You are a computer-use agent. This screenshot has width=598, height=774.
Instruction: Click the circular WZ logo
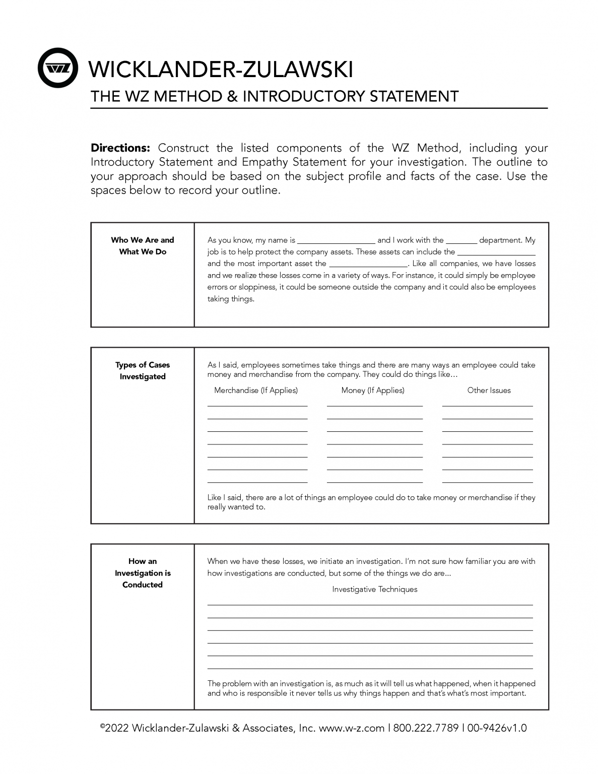click(x=58, y=68)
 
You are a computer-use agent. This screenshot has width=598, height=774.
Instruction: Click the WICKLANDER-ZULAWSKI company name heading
click(x=221, y=69)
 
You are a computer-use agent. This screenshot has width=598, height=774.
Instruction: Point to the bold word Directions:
click(x=120, y=148)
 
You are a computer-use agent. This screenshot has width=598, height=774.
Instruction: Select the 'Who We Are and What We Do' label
click(x=143, y=246)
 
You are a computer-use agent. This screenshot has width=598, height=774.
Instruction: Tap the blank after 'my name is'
click(x=336, y=241)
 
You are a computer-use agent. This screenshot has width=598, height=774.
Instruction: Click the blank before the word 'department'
click(x=461, y=241)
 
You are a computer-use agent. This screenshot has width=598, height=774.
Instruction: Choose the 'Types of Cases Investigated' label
click(x=143, y=371)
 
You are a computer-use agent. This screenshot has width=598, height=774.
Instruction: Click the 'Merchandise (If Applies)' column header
click(x=256, y=391)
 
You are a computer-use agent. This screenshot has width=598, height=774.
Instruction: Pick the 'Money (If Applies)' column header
click(x=373, y=391)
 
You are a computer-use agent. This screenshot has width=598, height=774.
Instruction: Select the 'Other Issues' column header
click(x=489, y=391)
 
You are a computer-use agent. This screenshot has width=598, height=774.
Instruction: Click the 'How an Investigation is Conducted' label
click(x=143, y=573)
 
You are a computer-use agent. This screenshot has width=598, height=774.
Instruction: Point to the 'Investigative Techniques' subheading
click(x=375, y=590)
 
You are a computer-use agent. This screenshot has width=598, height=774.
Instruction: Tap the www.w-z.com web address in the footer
click(x=352, y=728)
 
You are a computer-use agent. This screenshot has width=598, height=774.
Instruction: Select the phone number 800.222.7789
click(x=426, y=728)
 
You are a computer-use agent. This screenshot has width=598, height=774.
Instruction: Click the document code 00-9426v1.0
click(x=497, y=728)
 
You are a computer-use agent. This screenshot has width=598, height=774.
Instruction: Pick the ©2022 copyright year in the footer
click(x=114, y=728)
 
